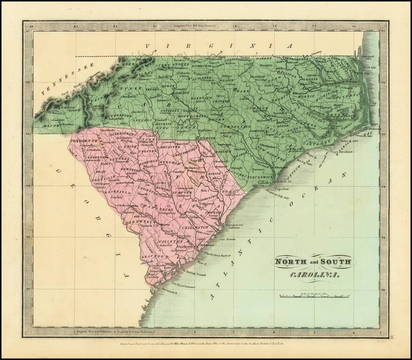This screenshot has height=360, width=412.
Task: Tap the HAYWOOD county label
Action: click(x=64, y=108)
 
